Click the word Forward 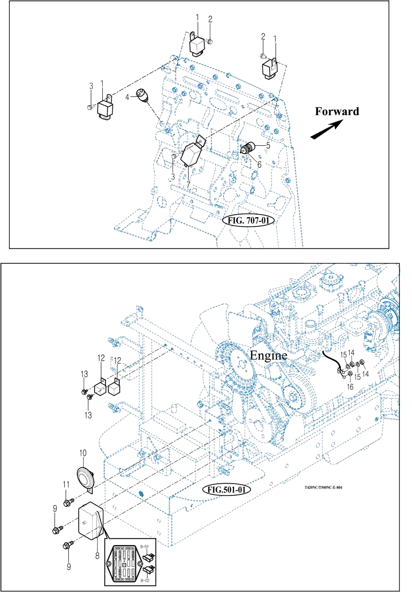click(337, 112)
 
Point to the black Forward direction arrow click(327, 129)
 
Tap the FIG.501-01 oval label click(227, 490)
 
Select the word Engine click(268, 355)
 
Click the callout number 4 click(127, 98)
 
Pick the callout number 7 click(188, 185)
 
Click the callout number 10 click(83, 452)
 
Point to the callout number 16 click(349, 387)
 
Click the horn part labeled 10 click(85, 476)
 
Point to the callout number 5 click(268, 146)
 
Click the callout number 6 click(259, 164)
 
